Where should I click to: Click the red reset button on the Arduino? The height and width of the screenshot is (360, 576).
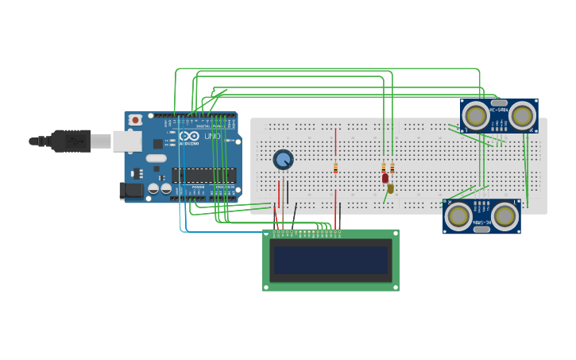tap(135, 120)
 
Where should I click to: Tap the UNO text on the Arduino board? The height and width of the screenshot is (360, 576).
tap(212, 136)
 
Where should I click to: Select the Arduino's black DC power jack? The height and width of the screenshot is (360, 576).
tap(130, 191)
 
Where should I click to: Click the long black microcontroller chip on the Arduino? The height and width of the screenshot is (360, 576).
tap(203, 176)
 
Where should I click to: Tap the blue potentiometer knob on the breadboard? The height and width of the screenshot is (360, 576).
tap(283, 160)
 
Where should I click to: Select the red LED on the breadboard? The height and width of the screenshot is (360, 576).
tap(385, 179)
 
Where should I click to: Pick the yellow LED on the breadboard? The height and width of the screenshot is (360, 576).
tap(391, 188)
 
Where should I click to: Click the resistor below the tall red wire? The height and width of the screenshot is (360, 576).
tap(335, 168)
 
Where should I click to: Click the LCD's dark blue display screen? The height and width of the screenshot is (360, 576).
tap(331, 260)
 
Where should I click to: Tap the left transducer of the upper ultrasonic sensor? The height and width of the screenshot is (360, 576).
tap(476, 116)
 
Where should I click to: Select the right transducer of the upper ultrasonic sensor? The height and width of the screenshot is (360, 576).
tap(522, 116)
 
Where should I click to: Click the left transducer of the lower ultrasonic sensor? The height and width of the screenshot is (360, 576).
tap(458, 216)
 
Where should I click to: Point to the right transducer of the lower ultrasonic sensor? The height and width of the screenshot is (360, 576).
tap(504, 216)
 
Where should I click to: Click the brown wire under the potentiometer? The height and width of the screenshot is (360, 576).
tap(283, 203)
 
